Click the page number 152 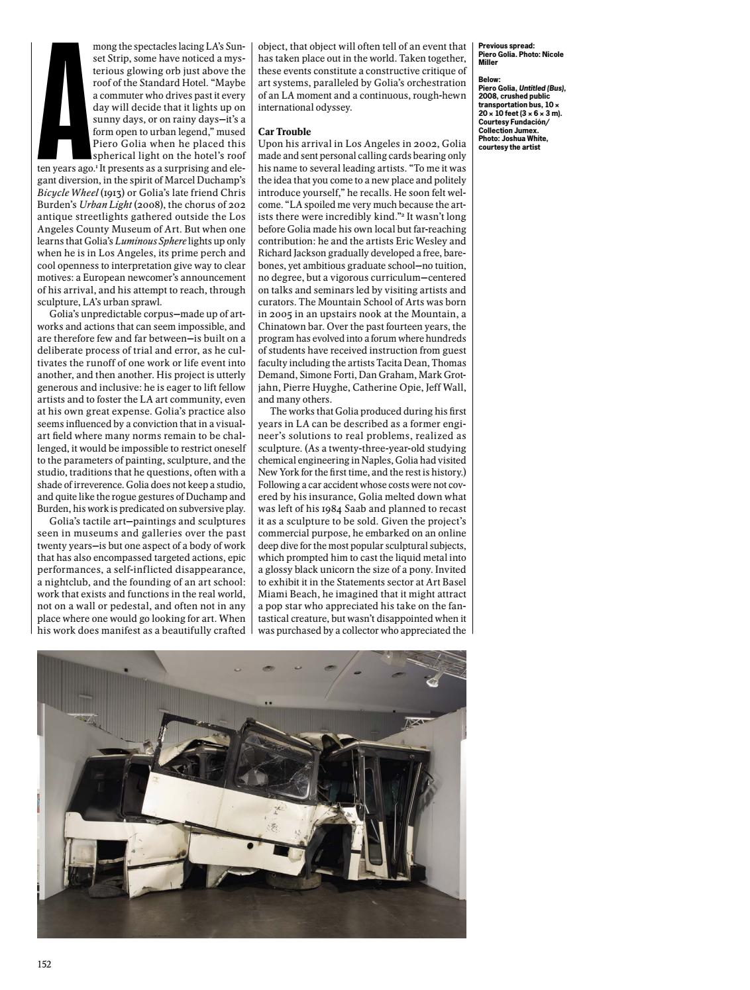(44, 964)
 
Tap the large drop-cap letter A (64, 99)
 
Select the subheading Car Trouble (284, 132)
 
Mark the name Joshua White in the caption (525, 139)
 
